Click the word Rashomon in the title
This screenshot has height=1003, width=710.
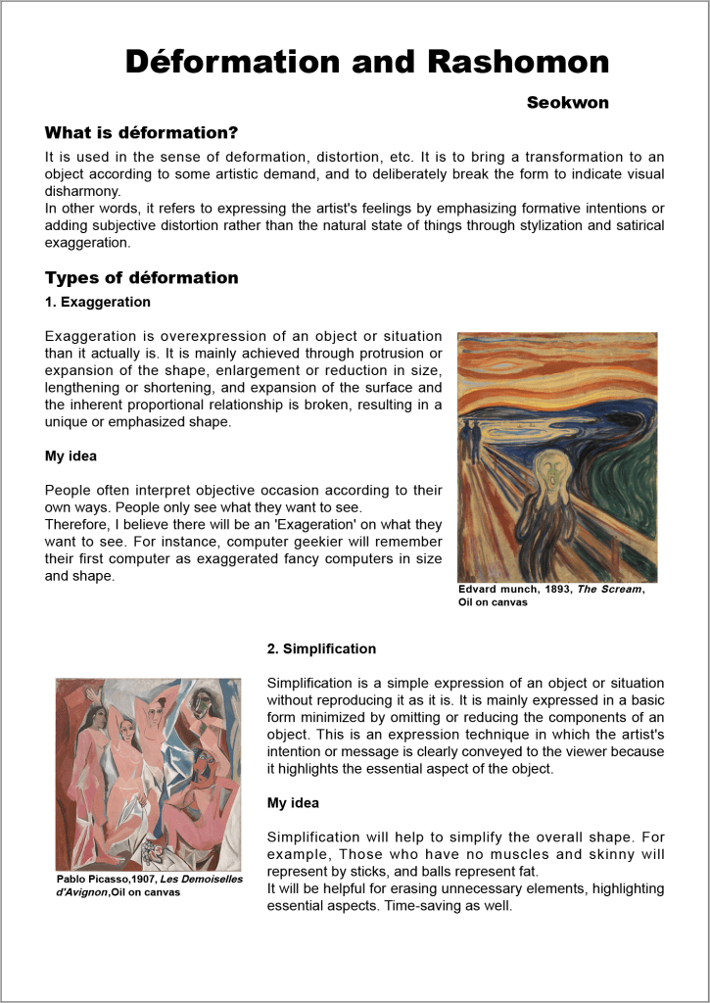click(518, 62)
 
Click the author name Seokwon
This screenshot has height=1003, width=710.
click(567, 103)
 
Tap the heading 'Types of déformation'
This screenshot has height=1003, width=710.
click(142, 277)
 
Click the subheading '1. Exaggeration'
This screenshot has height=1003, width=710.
click(98, 302)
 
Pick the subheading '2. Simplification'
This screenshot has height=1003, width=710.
click(321, 648)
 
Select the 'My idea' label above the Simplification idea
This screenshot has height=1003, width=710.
click(293, 803)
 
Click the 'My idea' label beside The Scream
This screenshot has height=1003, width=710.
click(71, 456)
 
